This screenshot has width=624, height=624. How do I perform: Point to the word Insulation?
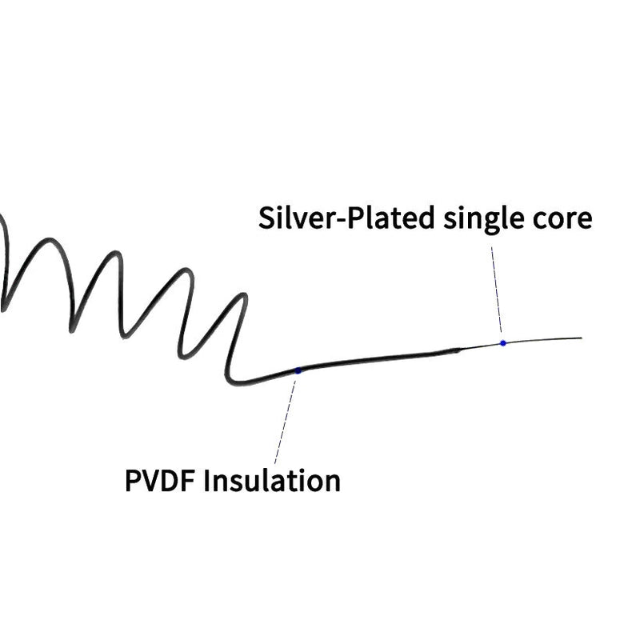pyautogui.click(x=273, y=482)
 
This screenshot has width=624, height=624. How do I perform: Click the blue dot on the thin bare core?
pyautogui.click(x=503, y=343)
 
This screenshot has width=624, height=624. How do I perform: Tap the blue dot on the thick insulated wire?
pyautogui.click(x=298, y=370)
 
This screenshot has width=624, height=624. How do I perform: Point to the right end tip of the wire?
pyautogui.click(x=581, y=338)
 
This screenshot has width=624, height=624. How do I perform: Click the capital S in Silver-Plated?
pyautogui.click(x=267, y=218)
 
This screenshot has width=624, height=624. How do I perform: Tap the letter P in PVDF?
pyautogui.click(x=134, y=482)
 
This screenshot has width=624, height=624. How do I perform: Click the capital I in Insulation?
pyautogui.click(x=210, y=482)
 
